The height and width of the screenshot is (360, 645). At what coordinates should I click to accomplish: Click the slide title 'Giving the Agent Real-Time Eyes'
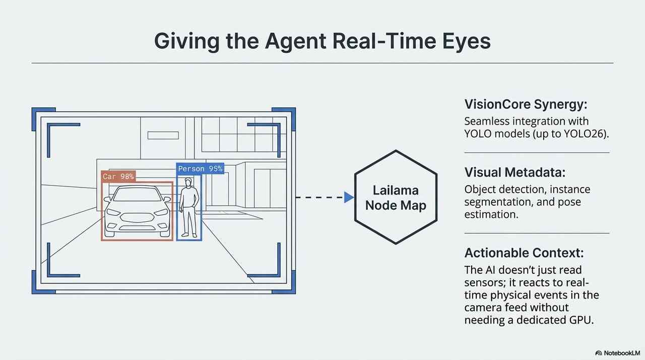[x=322, y=41]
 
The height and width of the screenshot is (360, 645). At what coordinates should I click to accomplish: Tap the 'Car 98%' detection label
[x=118, y=176]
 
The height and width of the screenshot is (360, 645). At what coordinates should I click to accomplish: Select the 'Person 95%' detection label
[x=200, y=169]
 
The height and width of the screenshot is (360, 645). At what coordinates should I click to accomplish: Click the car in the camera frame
[x=137, y=212]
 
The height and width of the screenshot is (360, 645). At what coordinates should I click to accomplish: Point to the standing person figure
[x=188, y=208]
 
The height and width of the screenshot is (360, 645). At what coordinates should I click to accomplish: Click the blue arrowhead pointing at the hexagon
[x=349, y=198]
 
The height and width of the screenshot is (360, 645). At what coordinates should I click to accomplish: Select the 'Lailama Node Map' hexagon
[x=396, y=198]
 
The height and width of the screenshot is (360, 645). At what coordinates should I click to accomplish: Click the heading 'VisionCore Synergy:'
[x=526, y=105]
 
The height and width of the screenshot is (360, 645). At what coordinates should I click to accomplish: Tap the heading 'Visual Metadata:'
[x=514, y=172]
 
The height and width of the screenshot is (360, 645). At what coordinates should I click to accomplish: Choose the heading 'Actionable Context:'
[x=523, y=253]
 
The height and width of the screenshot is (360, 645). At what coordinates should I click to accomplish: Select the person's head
[x=188, y=182]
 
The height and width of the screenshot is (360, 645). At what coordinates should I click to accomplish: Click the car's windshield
[x=137, y=195]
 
